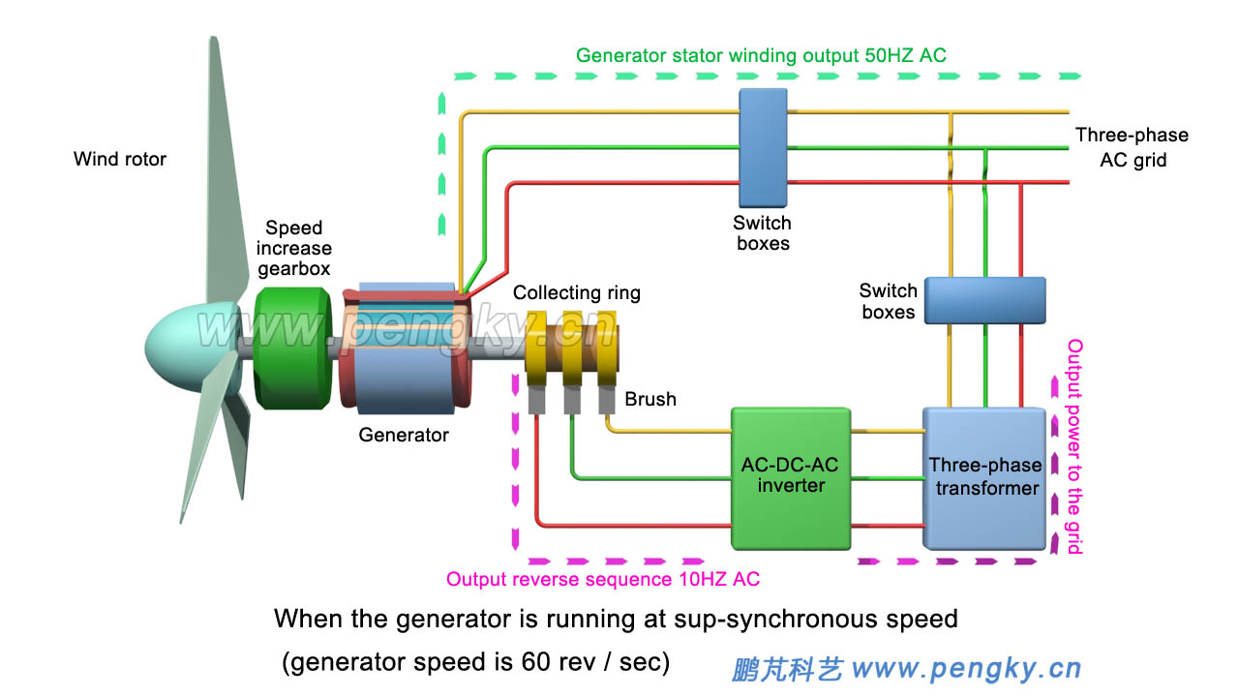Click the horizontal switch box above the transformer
tap(984, 300)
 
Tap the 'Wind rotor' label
tap(120, 159)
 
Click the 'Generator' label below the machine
tap(404, 436)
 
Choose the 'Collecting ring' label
tap(576, 292)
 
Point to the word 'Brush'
tap(650, 399)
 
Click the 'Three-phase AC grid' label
tap(1132, 147)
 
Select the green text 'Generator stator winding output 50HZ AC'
tap(761, 56)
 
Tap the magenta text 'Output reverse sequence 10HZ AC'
tap(602, 580)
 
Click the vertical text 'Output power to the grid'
tap(1073, 445)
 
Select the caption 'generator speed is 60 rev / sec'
tap(475, 663)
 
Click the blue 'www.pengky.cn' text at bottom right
tap(965, 668)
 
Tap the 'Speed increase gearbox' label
tap(293, 248)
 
